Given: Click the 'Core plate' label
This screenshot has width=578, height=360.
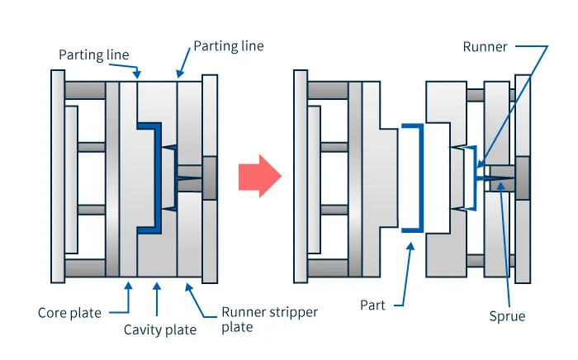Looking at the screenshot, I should [x=69, y=313].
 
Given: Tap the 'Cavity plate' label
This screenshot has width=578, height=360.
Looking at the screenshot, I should [x=160, y=330].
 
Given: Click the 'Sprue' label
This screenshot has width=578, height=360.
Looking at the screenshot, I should [x=506, y=315].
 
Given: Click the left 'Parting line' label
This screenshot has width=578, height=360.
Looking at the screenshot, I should [x=93, y=54].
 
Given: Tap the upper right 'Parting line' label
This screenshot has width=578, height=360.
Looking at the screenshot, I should [x=228, y=45].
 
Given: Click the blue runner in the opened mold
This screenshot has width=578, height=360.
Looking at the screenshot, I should [x=476, y=176].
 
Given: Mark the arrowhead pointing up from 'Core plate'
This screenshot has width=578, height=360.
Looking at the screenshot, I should [x=128, y=285].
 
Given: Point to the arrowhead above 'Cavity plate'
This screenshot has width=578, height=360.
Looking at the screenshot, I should [x=157, y=285].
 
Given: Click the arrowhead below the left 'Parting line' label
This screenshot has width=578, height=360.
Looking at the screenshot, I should [x=137, y=74].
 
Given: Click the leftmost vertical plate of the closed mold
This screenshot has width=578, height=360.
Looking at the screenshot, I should [x=57, y=176].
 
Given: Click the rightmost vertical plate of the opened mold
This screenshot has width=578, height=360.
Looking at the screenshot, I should [x=523, y=176].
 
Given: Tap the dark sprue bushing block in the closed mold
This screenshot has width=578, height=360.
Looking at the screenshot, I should [x=209, y=176].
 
